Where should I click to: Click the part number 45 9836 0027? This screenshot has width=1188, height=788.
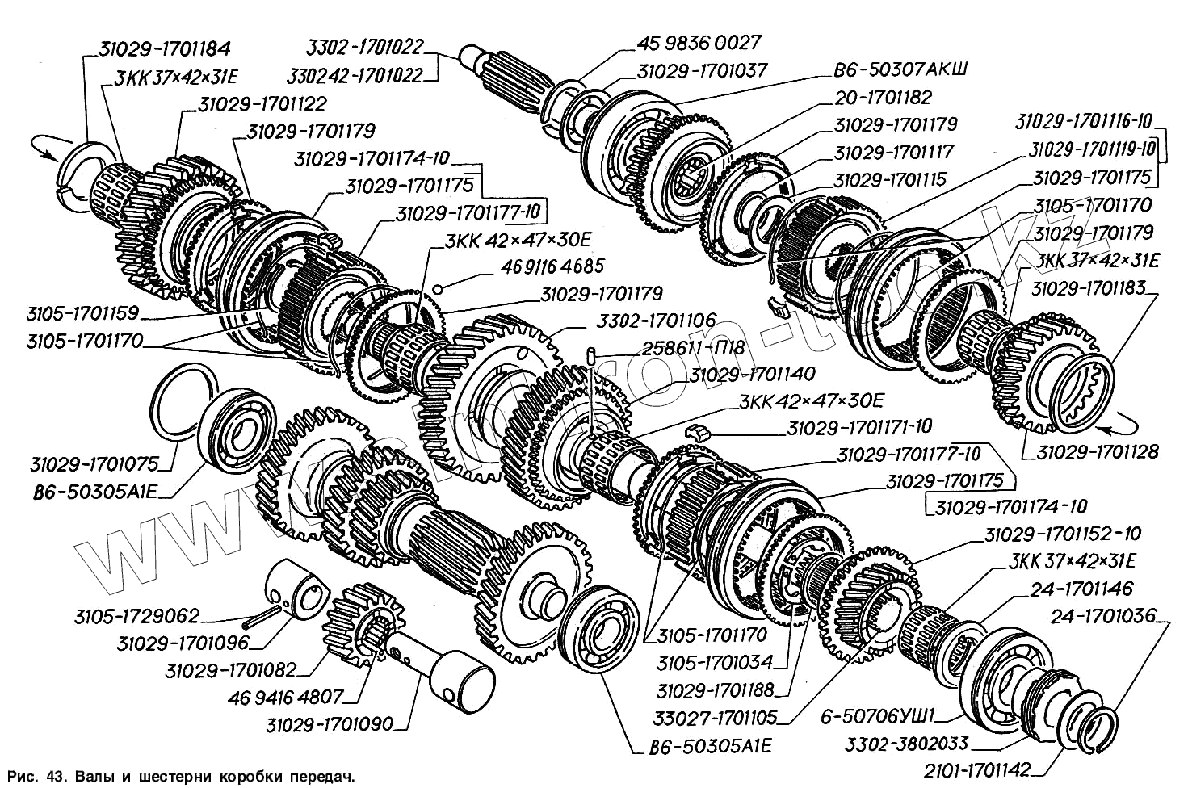pos(698,43)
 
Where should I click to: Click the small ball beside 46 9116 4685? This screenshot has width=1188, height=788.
pos(438,289)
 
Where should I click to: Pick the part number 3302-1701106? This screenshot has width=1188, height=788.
pos(656,321)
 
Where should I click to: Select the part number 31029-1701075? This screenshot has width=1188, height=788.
pos(94,464)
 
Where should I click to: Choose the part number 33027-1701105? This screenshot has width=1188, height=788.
pos(716,717)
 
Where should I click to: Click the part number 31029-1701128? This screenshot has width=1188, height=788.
pos(1098,451)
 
